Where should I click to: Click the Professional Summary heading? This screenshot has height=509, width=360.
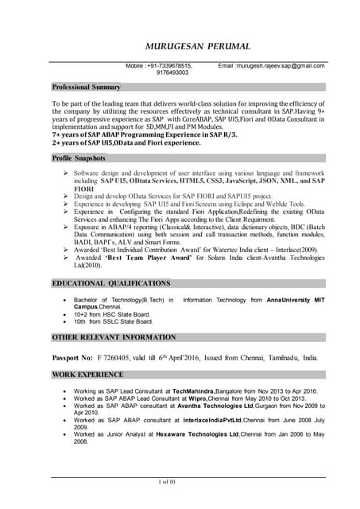(87, 87)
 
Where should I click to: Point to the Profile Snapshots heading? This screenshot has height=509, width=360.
(79, 159)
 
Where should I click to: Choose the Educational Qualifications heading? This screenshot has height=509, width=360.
(111, 283)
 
